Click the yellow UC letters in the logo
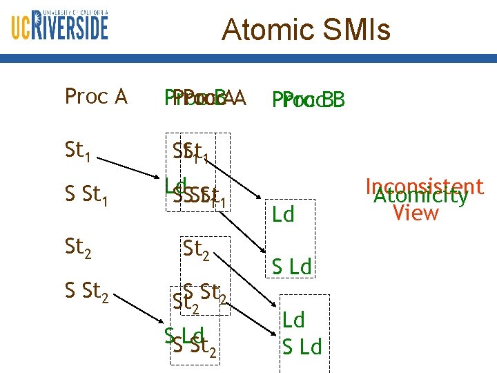(22, 28)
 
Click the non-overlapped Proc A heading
(95, 97)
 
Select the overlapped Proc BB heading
(309, 100)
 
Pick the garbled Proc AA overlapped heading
(204, 97)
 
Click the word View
(415, 213)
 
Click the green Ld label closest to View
(283, 215)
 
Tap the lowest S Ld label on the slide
(302, 346)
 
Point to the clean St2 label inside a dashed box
(196, 249)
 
